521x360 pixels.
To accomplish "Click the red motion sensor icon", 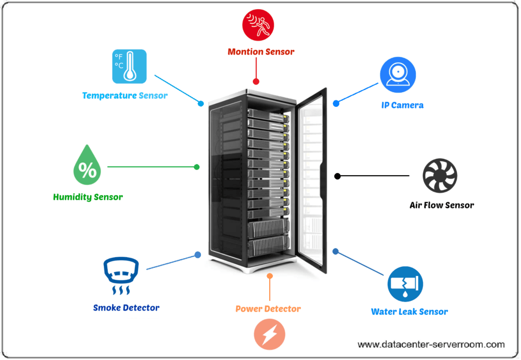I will pyautogui.click(x=258, y=25).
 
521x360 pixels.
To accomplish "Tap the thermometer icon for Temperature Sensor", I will pyautogui.click(x=129, y=66).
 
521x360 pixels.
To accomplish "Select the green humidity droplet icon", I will pyautogui.click(x=88, y=165).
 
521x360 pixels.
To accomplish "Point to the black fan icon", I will pyautogui.click(x=441, y=176).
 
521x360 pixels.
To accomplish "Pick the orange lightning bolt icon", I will pyautogui.click(x=270, y=334).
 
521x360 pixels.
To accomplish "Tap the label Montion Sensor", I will pyautogui.click(x=260, y=51).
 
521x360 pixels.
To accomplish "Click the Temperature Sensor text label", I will pyautogui.click(x=125, y=95).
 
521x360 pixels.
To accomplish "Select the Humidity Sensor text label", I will pyautogui.click(x=88, y=197).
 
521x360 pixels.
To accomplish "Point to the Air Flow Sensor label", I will pyautogui.click(x=442, y=205).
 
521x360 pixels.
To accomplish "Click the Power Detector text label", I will pyautogui.click(x=268, y=309).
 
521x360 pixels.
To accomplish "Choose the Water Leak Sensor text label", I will pyautogui.click(x=410, y=312).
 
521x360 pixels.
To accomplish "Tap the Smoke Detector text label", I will pyautogui.click(x=126, y=308).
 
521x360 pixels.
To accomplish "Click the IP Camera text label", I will pyautogui.click(x=402, y=105).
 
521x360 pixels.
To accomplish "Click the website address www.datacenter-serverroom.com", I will pyautogui.click(x=431, y=345).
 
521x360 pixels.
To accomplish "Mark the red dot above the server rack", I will pyautogui.click(x=256, y=81).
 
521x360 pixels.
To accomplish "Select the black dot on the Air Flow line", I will pyautogui.click(x=337, y=176).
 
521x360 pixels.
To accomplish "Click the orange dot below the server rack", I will pyautogui.click(x=270, y=276).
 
